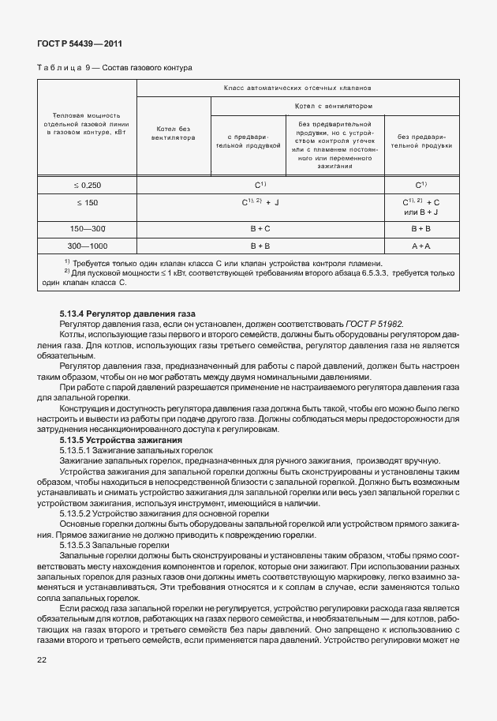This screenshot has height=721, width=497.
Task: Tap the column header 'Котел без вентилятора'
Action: point(173,134)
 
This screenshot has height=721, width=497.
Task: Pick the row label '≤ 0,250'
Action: point(88,185)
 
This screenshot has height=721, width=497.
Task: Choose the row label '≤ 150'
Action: point(88,203)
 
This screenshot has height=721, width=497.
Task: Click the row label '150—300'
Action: point(88,228)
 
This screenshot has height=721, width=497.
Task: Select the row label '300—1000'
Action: point(88,246)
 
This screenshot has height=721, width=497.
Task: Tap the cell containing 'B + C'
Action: point(260,228)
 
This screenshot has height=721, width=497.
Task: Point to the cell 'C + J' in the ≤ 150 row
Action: point(260,203)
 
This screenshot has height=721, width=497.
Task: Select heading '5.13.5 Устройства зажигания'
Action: point(121,439)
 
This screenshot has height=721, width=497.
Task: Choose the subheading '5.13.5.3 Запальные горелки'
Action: point(114,546)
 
